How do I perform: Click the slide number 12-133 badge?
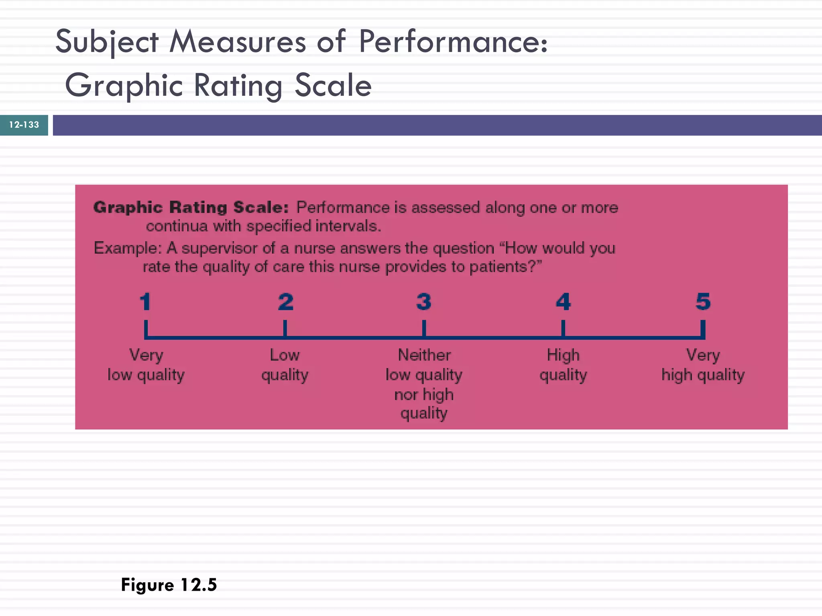(x=24, y=125)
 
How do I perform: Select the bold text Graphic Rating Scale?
(x=191, y=207)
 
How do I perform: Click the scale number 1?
(x=145, y=302)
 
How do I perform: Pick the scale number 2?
(x=285, y=302)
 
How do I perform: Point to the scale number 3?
(x=424, y=302)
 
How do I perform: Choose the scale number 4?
(x=563, y=302)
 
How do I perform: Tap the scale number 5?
(x=703, y=302)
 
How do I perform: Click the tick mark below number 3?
(x=424, y=328)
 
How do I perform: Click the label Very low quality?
(x=146, y=365)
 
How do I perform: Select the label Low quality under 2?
(x=285, y=365)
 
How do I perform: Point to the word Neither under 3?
(x=424, y=355)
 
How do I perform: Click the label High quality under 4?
(x=563, y=365)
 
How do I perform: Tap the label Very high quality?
(x=703, y=365)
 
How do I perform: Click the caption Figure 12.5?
(x=169, y=585)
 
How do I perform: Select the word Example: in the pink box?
(x=128, y=248)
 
